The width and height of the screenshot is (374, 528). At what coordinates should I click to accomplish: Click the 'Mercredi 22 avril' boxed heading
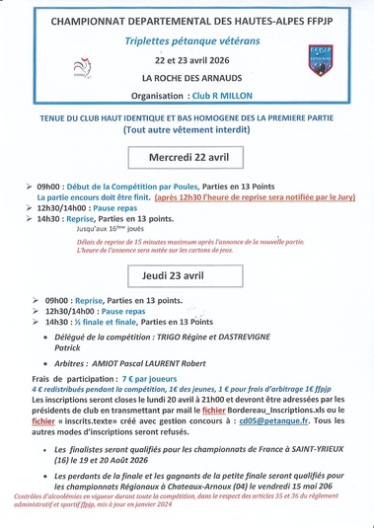tap(187, 157)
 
